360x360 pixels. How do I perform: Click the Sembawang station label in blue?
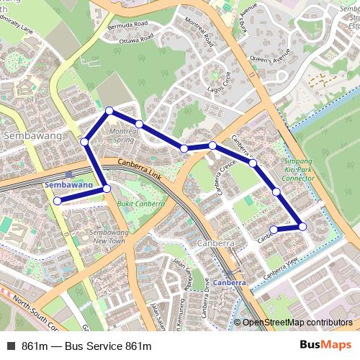coord(69,185)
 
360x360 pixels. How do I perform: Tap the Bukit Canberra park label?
coord(140,204)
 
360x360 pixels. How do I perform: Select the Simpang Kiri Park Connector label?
coord(298,169)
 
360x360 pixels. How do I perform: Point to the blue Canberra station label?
coord(230,282)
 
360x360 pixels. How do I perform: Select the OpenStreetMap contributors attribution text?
coord(298,323)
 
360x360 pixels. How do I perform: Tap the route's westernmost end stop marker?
coord(57,201)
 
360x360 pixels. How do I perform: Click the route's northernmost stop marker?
coord(109,110)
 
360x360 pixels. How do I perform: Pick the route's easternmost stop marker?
coord(302,226)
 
